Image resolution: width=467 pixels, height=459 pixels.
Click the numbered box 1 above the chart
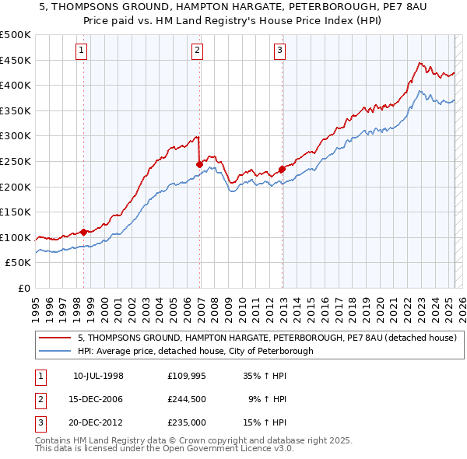pos(82,51)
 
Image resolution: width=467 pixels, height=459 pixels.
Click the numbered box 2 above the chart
pos(198,51)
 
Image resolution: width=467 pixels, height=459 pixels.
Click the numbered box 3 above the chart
pos(279,51)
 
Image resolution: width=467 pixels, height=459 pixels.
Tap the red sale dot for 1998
pos(83,232)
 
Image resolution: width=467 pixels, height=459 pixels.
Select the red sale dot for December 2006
pos(199,164)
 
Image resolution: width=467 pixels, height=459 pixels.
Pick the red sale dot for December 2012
pos(282,169)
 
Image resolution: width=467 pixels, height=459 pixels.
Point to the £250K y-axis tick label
pos(16,161)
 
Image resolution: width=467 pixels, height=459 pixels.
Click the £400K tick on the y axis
pos(16,85)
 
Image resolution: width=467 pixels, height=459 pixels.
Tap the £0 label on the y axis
pos(24,288)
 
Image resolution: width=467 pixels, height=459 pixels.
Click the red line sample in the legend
pos(55,338)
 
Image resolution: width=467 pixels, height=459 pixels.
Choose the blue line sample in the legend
pos(55,351)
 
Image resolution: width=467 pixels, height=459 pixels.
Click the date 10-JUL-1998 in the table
pos(98,376)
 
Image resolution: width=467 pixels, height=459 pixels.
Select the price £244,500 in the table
pos(188,399)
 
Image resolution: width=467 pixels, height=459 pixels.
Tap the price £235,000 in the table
pos(188,422)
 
